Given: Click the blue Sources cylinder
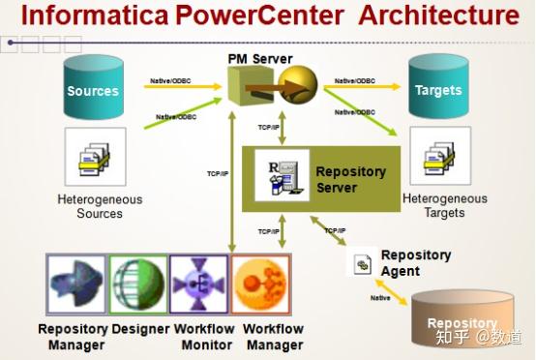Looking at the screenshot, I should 93,89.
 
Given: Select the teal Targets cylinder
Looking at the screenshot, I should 437,88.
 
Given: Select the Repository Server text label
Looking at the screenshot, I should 350,179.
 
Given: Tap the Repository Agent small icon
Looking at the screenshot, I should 363,263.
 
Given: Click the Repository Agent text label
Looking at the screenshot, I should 416,263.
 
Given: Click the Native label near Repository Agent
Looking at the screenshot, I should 380,297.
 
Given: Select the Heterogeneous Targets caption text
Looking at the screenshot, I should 445,206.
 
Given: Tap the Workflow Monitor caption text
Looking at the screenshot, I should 204,337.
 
